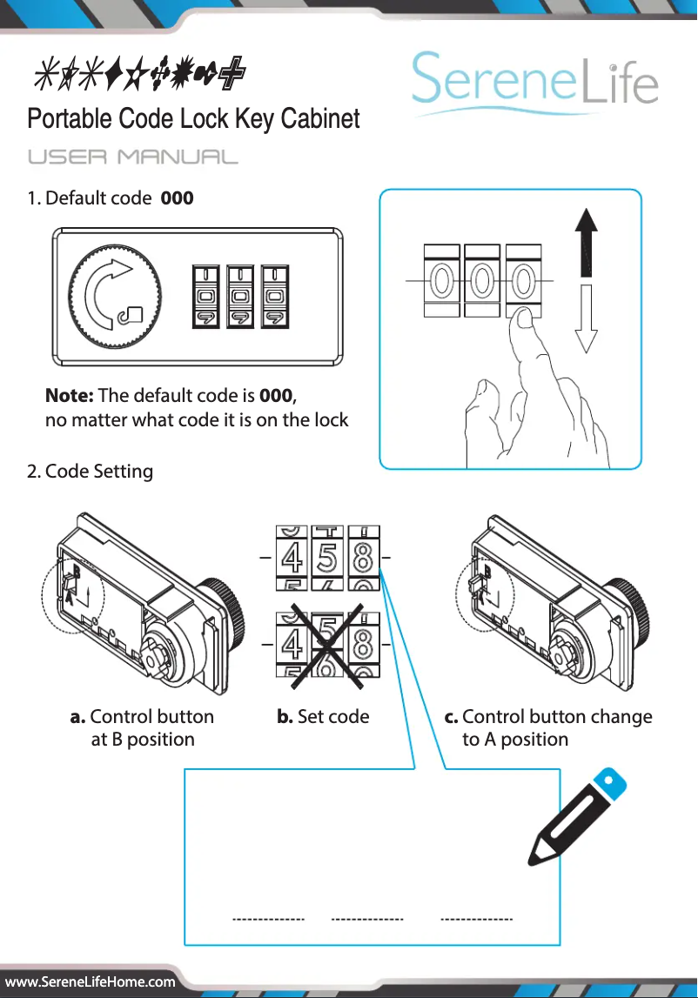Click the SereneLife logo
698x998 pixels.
tap(534, 83)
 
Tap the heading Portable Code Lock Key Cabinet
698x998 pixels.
tap(193, 118)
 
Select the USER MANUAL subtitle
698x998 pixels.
tap(132, 157)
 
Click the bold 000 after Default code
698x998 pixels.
tap(178, 198)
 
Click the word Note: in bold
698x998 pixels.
tap(70, 396)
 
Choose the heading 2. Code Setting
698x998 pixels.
tap(90, 472)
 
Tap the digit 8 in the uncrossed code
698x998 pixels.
tap(363, 557)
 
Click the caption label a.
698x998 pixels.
tap(77, 717)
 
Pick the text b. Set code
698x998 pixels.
tap(323, 717)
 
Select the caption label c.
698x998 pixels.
tap(451, 717)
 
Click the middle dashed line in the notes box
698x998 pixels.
tap(367, 919)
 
